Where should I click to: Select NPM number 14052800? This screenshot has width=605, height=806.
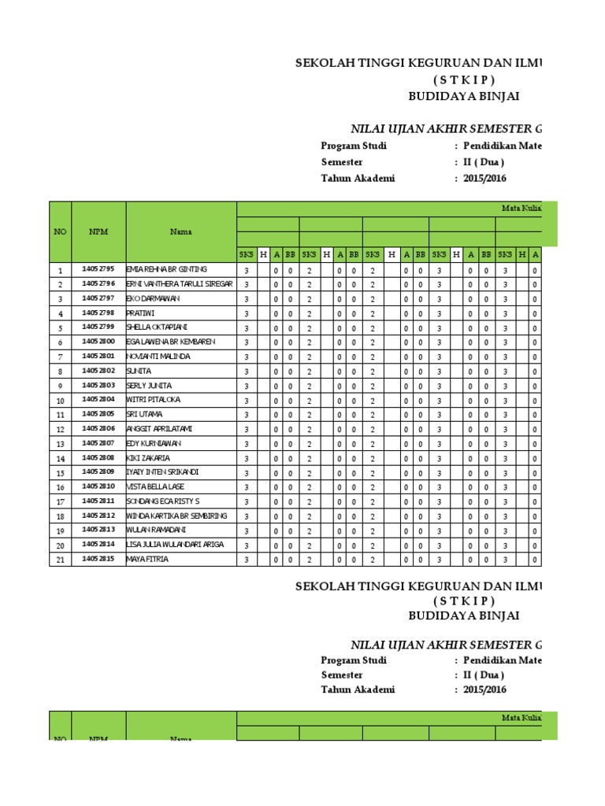coord(98,342)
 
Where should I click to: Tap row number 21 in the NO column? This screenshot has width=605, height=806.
coord(60,560)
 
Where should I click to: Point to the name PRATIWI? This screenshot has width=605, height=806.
coord(142,312)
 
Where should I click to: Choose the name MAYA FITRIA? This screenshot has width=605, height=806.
coord(147,560)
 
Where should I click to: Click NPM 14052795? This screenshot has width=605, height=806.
coord(98,269)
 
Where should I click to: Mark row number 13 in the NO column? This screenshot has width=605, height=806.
coord(60,444)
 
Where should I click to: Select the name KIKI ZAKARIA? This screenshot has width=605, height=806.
coord(148,458)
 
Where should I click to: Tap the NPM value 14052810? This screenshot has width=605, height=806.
coord(98,487)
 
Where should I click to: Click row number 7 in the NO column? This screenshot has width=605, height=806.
coord(60,357)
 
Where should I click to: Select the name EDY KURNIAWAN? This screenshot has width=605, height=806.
coord(151,443)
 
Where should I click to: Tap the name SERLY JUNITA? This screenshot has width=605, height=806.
coord(149,385)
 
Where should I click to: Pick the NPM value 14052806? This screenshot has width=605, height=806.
coord(98,429)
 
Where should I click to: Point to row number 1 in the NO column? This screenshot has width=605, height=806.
coord(60,270)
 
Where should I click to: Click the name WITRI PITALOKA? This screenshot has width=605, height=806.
coord(153,400)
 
